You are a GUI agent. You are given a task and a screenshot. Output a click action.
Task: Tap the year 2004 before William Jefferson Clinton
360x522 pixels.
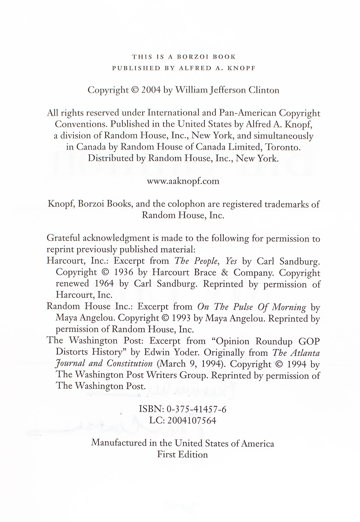pos(151,90)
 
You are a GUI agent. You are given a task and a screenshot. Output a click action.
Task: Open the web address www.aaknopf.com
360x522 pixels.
pos(183,181)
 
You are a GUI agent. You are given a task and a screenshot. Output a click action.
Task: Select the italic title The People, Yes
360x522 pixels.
pos(206,261)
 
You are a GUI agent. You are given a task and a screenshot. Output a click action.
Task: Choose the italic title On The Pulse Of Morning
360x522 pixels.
pos(252,307)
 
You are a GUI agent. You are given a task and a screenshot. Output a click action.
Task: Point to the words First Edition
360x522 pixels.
pos(183,454)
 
